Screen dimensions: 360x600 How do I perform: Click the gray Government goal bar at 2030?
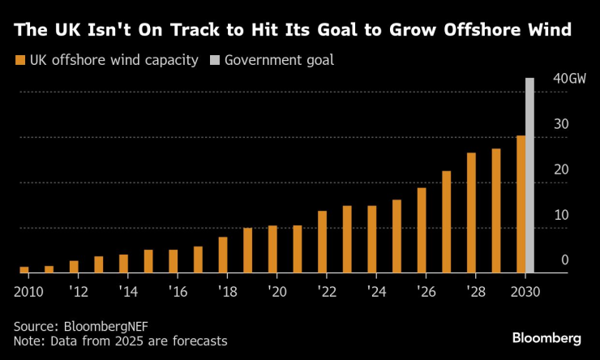pos(529,175)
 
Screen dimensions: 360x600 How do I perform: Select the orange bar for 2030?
pos(521,204)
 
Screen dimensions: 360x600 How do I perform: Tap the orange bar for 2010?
pos(24,269)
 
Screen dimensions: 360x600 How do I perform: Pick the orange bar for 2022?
pos(322,242)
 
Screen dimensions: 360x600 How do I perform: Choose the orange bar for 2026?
pos(422,230)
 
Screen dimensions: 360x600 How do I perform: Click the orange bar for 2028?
pos(471,212)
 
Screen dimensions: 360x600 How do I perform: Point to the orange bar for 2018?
pos(223,255)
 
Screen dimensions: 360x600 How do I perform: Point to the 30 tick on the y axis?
pos(560,124)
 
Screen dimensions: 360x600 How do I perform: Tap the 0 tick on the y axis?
pos(565,260)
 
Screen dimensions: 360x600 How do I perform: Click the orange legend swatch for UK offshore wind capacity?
pos(19,60)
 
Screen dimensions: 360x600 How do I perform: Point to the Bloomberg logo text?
pos(546,336)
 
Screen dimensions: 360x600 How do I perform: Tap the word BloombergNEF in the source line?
pos(104,326)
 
